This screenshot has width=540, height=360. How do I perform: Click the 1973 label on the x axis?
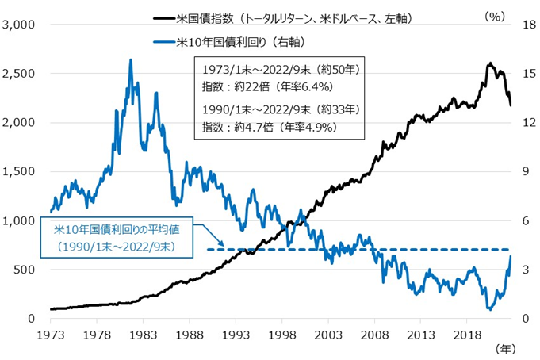[50, 334]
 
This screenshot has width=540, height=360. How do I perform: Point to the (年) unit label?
[504, 349]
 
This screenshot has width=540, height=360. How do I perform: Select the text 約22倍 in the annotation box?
[247, 87]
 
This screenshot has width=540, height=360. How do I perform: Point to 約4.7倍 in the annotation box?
[250, 126]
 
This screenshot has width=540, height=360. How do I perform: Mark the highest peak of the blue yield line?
[130, 59]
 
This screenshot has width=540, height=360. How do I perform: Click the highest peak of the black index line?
[489, 63]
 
